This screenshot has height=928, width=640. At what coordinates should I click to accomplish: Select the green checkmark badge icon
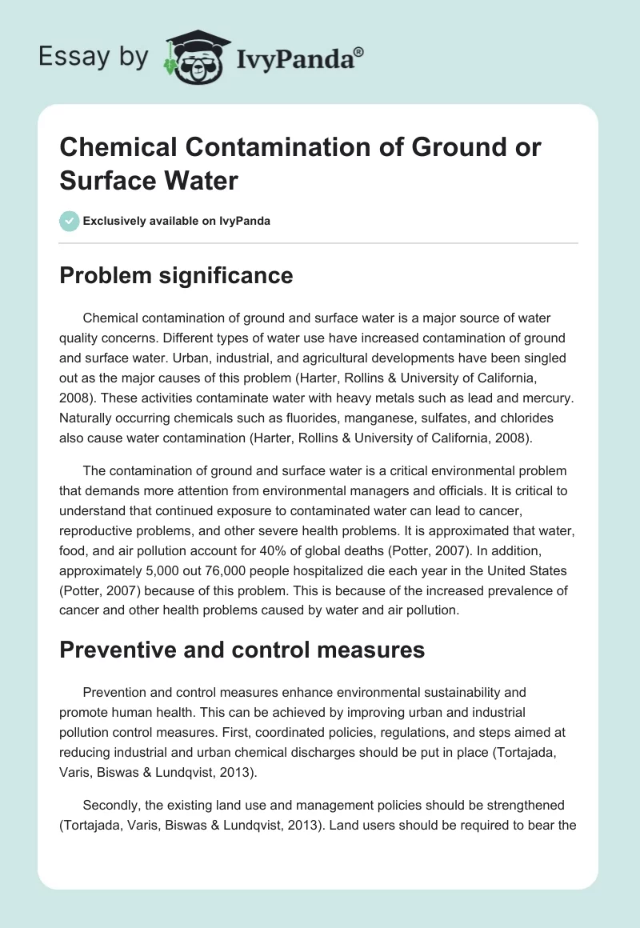[69, 221]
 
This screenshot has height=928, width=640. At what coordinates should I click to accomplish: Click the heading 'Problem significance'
[176, 276]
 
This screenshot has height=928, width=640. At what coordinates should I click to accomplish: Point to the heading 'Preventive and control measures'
[242, 650]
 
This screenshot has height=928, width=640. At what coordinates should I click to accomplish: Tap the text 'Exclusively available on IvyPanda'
[178, 221]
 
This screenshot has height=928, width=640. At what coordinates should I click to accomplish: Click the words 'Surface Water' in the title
[149, 181]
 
